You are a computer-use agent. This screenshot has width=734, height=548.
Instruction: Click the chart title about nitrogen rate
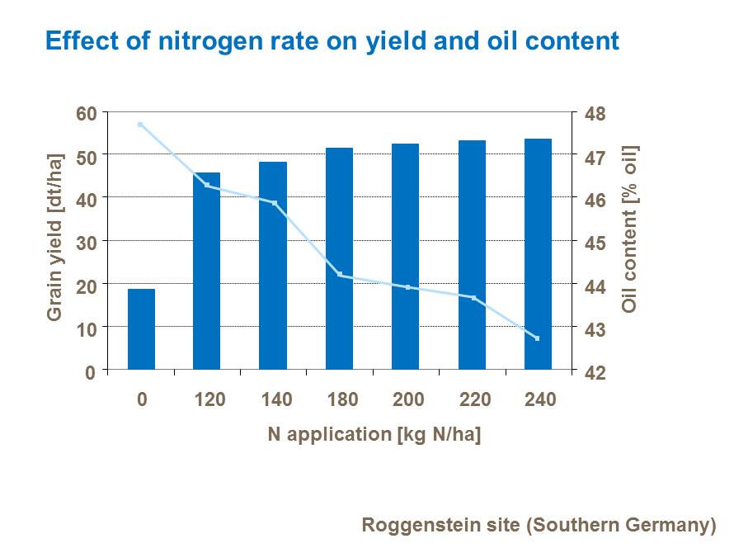332,40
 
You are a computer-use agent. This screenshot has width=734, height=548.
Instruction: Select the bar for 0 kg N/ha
141,329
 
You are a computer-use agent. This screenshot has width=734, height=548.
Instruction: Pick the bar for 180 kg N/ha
339,258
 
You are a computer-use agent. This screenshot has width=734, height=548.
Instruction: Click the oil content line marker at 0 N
140,125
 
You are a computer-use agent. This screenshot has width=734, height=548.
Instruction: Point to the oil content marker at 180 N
340,275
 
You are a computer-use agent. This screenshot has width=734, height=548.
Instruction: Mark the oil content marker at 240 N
538,338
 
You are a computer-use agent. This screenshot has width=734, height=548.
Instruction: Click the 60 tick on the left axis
86,113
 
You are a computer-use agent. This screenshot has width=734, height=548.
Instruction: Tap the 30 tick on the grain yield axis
86,242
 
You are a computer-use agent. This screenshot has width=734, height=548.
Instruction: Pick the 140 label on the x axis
275,400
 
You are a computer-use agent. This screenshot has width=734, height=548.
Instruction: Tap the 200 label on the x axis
408,400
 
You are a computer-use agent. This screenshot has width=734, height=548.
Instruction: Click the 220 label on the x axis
474,400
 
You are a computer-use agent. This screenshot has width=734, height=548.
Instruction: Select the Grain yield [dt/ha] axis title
55,238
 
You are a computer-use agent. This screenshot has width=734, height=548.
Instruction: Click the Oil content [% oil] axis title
631,229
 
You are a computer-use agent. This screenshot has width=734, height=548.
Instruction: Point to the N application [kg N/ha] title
374,434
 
